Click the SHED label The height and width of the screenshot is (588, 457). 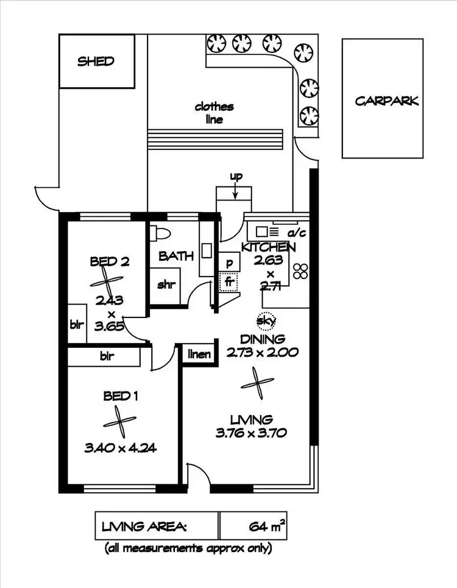(96, 61)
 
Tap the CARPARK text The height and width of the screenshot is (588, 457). (387, 101)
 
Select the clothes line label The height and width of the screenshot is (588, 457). (214, 113)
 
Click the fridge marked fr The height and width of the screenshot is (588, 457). (229, 283)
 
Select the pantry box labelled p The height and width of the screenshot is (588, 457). (229, 263)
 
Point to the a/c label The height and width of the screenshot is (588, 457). (297, 232)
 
